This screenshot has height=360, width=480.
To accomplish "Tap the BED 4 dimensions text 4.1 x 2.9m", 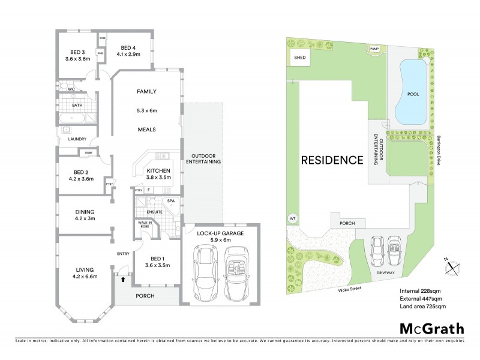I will click(130, 55).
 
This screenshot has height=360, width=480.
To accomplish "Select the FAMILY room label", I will click(147, 92).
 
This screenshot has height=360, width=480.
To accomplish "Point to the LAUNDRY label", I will click(78, 139).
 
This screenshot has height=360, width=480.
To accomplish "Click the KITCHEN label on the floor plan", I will click(159, 171).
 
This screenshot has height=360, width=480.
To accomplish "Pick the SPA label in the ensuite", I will click(171, 200).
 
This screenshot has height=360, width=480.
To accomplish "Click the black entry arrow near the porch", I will click(124, 279).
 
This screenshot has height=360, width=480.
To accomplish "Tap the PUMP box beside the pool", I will click(376, 49).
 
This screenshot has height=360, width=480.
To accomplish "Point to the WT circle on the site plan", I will click(293, 218).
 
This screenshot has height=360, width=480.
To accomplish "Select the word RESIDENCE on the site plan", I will click(332, 160).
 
